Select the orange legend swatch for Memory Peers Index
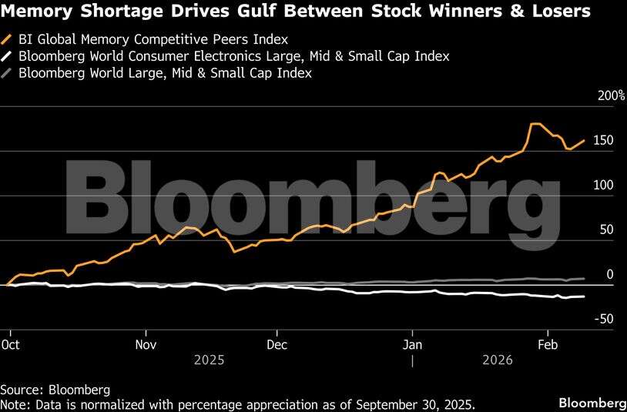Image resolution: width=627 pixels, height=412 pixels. tap(8, 39)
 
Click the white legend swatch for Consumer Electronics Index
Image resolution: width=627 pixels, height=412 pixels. tap(8, 56)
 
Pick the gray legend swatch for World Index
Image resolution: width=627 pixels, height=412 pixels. tap(8, 74)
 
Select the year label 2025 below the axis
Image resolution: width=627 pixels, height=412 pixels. tap(210, 360)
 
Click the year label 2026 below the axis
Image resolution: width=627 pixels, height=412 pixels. tap(498, 360)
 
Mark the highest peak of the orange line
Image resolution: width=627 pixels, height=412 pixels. tap(535, 124)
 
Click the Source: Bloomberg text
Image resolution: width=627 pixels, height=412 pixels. tap(55, 390)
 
